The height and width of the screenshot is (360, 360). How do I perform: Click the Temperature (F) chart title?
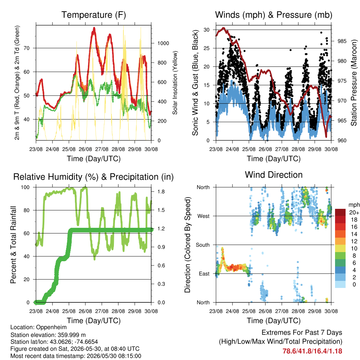[x=94, y=15]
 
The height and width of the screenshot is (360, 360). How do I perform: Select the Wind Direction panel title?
[x=274, y=175]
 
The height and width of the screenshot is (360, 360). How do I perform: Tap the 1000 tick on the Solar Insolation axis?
[x=163, y=43]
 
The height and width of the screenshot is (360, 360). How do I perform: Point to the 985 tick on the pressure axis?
[x=342, y=41]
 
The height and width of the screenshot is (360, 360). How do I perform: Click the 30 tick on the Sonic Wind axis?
[x=206, y=30]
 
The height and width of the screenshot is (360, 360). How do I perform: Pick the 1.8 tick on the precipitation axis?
[x=161, y=192]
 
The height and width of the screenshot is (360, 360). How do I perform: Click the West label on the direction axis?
[x=204, y=216]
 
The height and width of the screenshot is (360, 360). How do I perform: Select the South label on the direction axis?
[x=203, y=245]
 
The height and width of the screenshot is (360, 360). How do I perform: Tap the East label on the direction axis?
[x=204, y=274]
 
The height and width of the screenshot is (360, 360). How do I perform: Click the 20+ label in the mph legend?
[x=354, y=213]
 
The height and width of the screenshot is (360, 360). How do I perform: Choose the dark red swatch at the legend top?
[x=340, y=212]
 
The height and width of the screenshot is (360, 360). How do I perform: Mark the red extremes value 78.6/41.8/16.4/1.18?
[x=312, y=351]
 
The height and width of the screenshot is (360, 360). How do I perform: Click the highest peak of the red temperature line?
[x=94, y=28]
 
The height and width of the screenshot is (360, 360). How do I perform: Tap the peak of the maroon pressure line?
[x=223, y=28]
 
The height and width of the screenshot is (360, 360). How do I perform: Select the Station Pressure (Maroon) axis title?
[x=354, y=83]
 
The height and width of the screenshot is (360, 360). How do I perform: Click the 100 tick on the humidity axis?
[x=25, y=187]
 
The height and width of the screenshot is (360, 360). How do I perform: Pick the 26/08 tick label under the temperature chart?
[x=85, y=149]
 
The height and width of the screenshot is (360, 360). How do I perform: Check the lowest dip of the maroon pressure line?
[x=326, y=136]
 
